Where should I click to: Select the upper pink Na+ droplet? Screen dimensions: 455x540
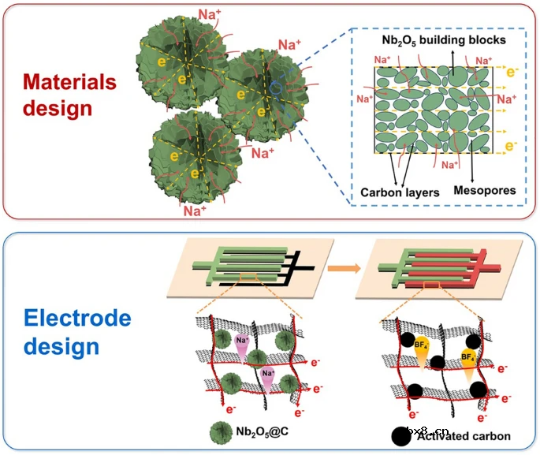tap(242, 343)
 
